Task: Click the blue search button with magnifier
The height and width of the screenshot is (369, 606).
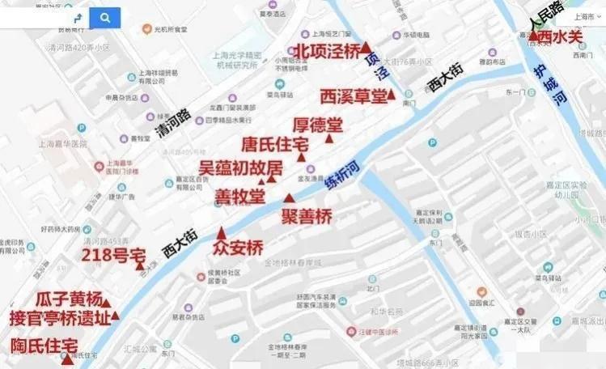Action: click(105, 17)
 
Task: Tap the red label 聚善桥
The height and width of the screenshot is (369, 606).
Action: click(307, 216)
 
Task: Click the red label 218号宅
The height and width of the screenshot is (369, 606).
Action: click(108, 256)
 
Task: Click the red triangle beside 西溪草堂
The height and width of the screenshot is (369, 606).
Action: click(392, 95)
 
